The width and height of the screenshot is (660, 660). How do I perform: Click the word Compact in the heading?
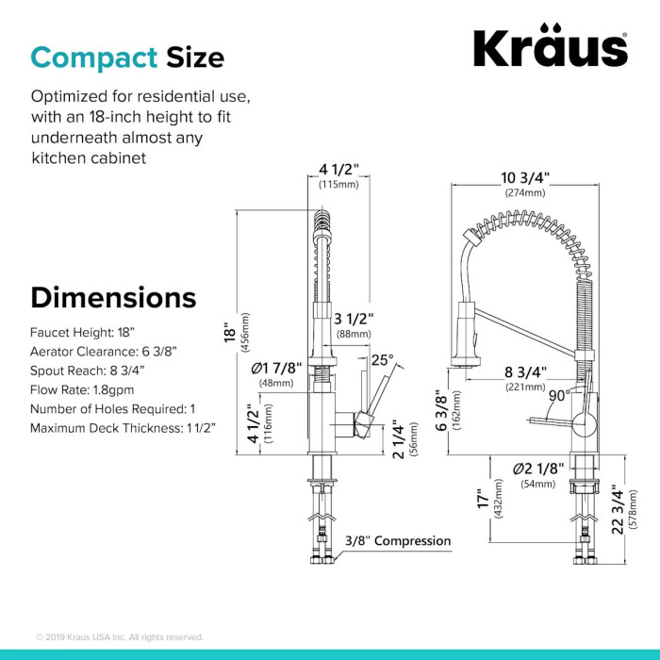(x=94, y=58)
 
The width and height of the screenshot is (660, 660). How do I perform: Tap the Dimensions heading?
(x=113, y=298)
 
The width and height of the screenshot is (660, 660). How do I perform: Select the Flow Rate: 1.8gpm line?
(x=82, y=389)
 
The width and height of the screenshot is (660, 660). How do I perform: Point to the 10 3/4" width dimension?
(x=525, y=178)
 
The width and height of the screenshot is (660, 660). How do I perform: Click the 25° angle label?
(x=382, y=360)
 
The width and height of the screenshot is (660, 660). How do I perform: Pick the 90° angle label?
(x=559, y=396)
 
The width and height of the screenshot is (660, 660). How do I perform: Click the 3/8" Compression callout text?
(x=398, y=541)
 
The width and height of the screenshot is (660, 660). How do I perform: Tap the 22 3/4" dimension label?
(x=617, y=510)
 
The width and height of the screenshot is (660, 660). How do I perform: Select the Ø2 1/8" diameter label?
(x=538, y=469)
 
